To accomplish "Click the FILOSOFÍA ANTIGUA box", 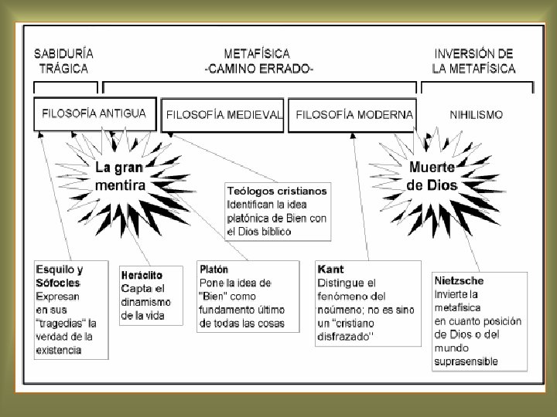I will tap(94, 114).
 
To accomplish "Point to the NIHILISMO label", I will tap(477, 115).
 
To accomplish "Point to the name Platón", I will tap(214, 271).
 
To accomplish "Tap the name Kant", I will tap(331, 270).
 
